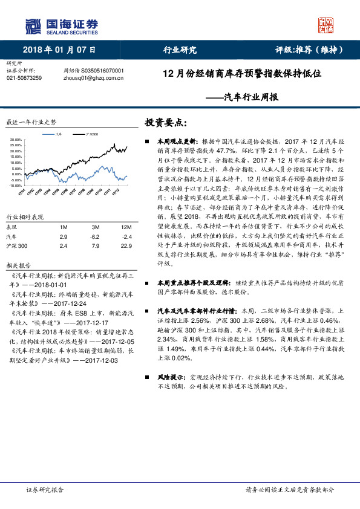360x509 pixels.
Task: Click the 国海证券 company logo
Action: click(61, 26)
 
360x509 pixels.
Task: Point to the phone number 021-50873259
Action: click(24, 77)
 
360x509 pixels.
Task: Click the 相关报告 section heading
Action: click(18, 265)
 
